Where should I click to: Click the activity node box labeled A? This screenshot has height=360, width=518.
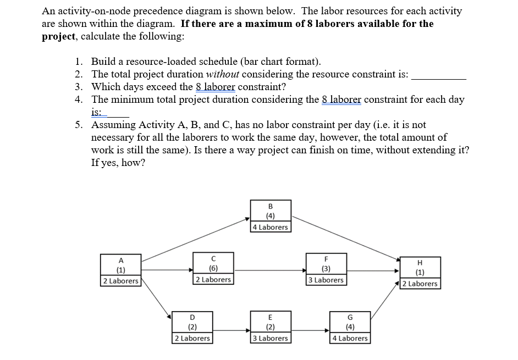point(120,269)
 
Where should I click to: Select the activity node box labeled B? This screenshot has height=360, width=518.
point(270,216)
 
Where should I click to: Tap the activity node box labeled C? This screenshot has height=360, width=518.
point(213,268)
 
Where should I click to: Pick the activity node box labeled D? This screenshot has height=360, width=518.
point(192,327)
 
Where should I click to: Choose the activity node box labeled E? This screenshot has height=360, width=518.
point(270,327)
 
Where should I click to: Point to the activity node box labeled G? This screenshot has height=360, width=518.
point(350,327)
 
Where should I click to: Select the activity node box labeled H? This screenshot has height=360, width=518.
point(420,272)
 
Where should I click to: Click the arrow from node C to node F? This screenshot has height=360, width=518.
point(269,270)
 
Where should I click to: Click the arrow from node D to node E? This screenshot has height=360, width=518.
point(231,330)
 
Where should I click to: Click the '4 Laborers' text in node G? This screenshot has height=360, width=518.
point(350,338)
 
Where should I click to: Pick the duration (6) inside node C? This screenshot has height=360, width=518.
point(213,269)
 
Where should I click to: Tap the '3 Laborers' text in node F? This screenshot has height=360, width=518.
point(326,280)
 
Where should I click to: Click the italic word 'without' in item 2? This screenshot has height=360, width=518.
point(223,74)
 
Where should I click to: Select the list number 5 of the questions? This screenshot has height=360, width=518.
point(79,125)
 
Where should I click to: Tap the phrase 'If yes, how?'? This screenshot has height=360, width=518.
point(118,163)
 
